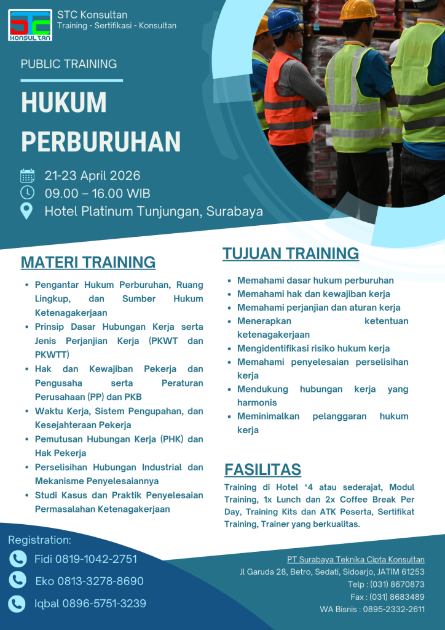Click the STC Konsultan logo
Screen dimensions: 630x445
click(31, 25)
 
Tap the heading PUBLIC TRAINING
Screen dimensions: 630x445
click(69, 64)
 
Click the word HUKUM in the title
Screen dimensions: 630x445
click(64, 103)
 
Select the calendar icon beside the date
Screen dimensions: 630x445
click(27, 176)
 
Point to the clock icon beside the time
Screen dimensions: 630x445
click(27, 193)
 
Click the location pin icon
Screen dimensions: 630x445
click(27, 211)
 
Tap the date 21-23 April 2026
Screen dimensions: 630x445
click(92, 176)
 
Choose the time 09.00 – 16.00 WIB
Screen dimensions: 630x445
click(98, 193)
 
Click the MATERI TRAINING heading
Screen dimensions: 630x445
click(88, 262)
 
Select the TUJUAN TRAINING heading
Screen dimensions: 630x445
click(291, 253)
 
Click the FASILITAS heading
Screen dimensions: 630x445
click(262, 469)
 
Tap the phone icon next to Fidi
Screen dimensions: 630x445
click(18, 559)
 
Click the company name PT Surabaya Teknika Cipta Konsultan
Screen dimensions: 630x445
click(355, 559)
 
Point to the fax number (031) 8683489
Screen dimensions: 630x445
click(397, 597)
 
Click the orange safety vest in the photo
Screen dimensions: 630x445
click(286, 98)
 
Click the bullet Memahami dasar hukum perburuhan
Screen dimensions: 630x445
click(315, 281)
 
